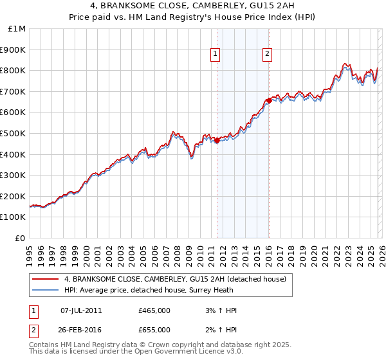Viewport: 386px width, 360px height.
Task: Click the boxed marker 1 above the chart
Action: [x=215, y=55]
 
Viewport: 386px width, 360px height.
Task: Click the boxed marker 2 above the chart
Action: [x=267, y=55]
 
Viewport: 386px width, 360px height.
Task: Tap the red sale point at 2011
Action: [x=217, y=141]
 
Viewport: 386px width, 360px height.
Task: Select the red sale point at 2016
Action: [x=269, y=100]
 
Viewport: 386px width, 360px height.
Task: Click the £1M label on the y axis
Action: [x=17, y=28]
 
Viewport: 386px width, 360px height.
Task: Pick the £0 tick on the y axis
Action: [x=21, y=238]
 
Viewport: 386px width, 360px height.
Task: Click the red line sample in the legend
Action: [x=46, y=279]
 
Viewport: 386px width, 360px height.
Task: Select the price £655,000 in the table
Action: [x=154, y=330]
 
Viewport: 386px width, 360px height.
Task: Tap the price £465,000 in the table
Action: [x=154, y=310]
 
